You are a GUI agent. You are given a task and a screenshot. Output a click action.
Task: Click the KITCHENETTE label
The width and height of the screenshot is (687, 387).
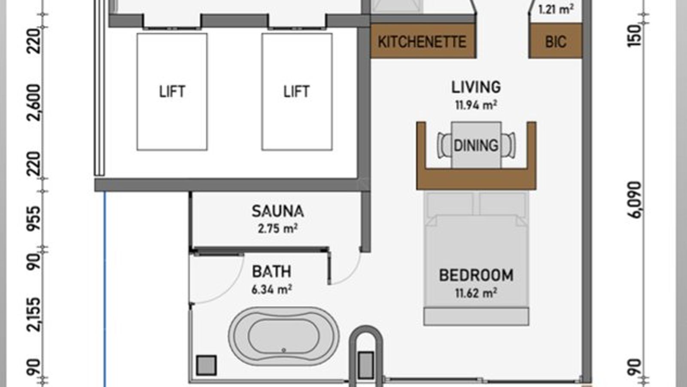(x=422, y=42)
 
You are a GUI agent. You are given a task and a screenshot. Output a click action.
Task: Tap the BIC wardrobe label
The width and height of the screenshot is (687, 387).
(x=556, y=42)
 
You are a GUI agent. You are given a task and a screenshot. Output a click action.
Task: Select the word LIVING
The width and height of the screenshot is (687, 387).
(x=476, y=87)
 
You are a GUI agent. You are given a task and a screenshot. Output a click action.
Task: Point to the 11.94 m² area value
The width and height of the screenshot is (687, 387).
(x=476, y=105)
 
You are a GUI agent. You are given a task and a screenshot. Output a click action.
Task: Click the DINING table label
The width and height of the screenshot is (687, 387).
(x=476, y=145)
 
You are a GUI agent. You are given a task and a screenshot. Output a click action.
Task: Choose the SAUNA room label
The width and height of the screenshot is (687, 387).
(x=278, y=211)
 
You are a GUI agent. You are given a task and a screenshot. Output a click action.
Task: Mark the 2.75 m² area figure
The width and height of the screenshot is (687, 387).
(x=278, y=229)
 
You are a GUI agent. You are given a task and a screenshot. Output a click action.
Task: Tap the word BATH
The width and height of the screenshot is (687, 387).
(x=271, y=271)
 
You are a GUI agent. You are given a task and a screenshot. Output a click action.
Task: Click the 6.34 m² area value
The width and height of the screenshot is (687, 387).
(x=271, y=289)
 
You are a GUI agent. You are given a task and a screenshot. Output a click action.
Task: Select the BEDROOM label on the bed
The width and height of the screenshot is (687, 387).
(x=476, y=275)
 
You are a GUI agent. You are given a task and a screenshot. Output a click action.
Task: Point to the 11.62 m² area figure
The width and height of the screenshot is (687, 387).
(x=476, y=293)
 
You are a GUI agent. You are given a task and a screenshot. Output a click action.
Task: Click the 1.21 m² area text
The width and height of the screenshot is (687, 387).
(x=556, y=9)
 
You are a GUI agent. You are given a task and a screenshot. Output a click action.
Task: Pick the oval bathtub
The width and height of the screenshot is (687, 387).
(x=284, y=336)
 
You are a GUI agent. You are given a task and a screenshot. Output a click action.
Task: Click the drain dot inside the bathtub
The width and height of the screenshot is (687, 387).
(x=284, y=350)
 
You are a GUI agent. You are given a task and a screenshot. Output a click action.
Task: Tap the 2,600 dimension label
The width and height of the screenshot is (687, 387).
(x=34, y=103)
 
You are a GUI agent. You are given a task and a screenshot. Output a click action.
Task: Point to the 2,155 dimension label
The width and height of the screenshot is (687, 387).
(x=34, y=314)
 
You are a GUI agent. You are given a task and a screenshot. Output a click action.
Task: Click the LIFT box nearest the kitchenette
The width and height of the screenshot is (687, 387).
(x=297, y=92)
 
